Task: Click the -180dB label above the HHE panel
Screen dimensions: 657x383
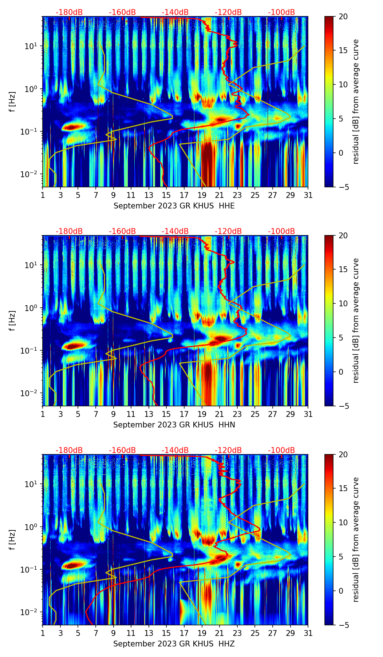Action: (x=69, y=12)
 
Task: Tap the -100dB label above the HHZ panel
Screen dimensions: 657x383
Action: (x=281, y=450)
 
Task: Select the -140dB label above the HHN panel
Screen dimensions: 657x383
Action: (x=175, y=231)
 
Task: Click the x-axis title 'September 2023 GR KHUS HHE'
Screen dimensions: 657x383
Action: (x=174, y=206)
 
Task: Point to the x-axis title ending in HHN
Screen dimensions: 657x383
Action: (x=174, y=425)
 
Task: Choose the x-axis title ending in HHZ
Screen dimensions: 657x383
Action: (x=174, y=644)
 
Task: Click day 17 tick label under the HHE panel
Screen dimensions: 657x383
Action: (x=184, y=195)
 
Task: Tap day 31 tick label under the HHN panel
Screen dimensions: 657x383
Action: (x=308, y=414)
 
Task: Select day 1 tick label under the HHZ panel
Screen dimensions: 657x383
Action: (x=43, y=633)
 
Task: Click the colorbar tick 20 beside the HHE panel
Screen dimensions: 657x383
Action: (x=343, y=16)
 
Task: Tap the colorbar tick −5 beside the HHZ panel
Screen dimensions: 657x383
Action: (x=343, y=625)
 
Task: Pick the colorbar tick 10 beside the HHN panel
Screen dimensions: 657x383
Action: (x=343, y=303)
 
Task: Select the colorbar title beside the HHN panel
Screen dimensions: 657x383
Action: (x=356, y=320)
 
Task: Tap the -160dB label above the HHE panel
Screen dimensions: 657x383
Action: (x=122, y=12)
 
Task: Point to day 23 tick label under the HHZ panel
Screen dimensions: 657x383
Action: (x=237, y=633)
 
